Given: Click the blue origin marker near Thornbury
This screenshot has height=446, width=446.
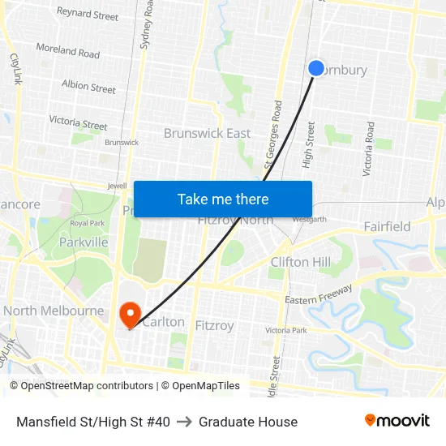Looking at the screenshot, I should (x=316, y=68).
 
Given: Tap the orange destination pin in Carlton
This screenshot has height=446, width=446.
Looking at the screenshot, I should (x=130, y=313).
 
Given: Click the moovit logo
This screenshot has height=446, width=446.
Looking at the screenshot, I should (x=397, y=421).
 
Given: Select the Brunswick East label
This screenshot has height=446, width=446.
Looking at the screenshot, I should (x=207, y=133).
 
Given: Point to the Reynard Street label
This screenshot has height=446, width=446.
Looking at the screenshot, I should (x=88, y=14).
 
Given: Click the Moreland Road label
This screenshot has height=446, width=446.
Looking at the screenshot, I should (x=67, y=51).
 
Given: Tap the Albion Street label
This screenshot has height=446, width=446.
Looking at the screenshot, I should (x=88, y=86).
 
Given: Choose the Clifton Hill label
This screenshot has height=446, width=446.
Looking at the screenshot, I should (x=301, y=262).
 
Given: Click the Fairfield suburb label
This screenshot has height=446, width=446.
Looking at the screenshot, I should (x=387, y=226).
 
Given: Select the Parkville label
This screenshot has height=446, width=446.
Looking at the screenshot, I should (x=84, y=242).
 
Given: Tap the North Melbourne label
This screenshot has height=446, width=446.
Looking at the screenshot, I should (x=54, y=311).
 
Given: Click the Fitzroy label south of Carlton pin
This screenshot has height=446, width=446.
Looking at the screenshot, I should (x=214, y=326).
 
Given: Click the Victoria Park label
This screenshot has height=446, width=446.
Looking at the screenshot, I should (x=286, y=330).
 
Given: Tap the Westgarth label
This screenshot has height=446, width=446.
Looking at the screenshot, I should (x=310, y=219).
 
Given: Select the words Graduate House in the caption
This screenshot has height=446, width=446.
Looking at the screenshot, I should (x=248, y=422).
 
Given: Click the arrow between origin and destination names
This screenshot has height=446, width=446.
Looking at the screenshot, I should (x=184, y=422).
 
